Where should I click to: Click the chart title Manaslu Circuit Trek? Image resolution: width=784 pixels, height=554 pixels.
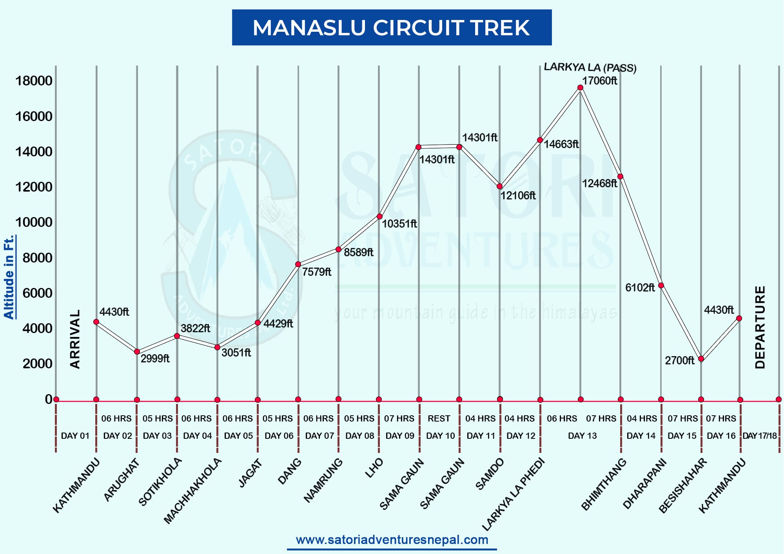391,27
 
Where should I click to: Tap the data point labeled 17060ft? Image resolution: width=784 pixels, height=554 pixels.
580,88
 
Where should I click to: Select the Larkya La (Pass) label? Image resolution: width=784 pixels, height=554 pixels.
590,67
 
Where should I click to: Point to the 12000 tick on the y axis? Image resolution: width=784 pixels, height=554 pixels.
34,187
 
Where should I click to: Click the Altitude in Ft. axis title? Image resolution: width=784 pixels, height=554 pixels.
9,277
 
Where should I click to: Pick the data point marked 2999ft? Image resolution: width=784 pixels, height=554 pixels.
137,352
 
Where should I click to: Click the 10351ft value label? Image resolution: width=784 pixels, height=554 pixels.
399,224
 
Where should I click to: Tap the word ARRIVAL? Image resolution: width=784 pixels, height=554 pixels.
75,339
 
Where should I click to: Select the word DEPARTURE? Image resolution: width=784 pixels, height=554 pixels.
760,327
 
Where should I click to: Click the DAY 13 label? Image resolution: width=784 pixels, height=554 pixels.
582,436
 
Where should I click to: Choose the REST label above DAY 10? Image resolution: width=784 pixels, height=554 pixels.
439,418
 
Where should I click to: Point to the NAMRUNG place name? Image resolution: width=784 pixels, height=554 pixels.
323,480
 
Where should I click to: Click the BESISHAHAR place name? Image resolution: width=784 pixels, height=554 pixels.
683,485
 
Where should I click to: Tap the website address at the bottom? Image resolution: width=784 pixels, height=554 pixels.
392,540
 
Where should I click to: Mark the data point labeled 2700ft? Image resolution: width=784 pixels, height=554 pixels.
701,358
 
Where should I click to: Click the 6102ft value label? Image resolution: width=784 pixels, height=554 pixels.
640,288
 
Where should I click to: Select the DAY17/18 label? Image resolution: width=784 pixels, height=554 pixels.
759,436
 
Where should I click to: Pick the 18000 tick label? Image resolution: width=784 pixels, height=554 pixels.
34,81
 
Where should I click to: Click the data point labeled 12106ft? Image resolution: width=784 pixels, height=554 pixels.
499,186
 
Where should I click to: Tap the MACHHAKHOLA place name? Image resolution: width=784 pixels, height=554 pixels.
192,491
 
